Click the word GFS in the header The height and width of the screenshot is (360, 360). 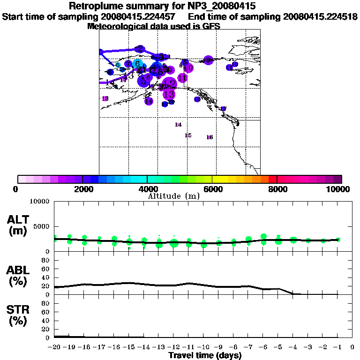tap(211, 26)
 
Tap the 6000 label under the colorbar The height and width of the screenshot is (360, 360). tap(212, 189)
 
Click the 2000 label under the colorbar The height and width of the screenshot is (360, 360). tap(82, 189)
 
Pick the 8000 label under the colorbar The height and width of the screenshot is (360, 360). tap(277, 189)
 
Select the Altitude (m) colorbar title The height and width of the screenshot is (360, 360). tap(173, 196)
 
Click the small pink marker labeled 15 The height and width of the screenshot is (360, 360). tap(188, 135)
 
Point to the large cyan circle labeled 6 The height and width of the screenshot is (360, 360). tap(137, 64)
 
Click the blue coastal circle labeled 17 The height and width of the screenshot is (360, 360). tap(224, 109)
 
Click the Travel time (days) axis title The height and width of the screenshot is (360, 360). tap(205, 355)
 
